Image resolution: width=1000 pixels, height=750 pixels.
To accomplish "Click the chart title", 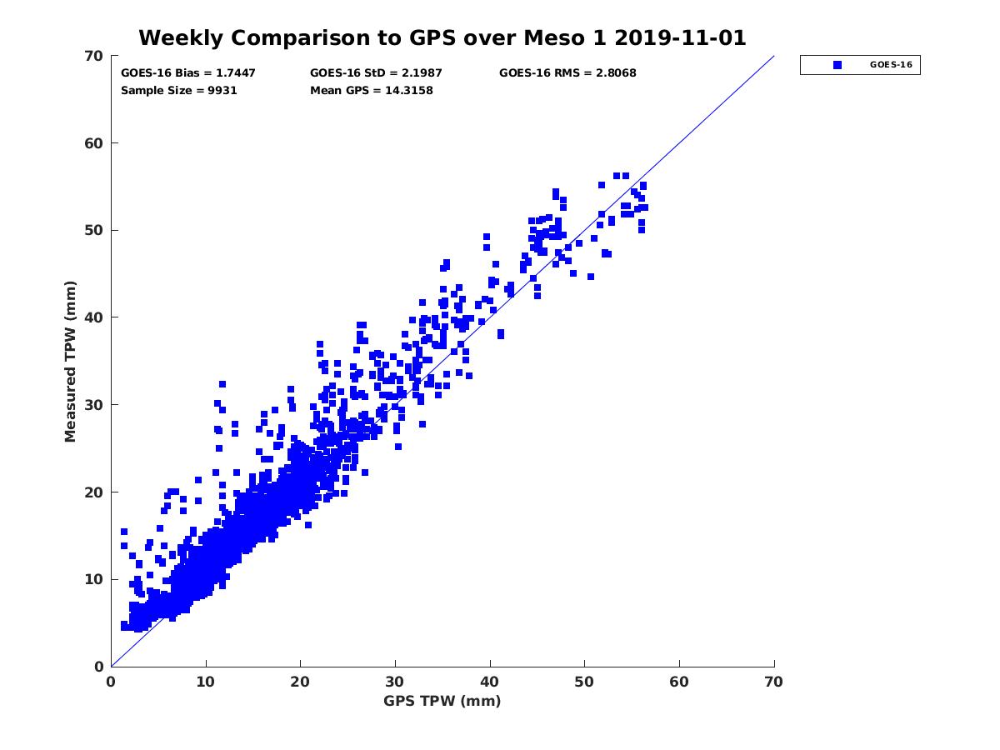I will point(442,37).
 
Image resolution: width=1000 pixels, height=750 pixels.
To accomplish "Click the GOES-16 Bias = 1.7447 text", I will point(188,72).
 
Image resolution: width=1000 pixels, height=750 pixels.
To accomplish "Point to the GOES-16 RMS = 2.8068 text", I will point(567,72).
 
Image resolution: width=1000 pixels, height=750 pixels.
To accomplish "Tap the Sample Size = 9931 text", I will point(179,90).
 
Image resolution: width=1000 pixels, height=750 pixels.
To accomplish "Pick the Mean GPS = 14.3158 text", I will point(371,90).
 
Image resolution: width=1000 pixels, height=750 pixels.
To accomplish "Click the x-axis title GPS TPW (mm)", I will point(442,701).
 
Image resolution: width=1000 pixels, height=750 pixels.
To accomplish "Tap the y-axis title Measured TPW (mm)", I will point(71,361).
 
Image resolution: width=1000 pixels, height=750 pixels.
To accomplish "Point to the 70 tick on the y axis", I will point(94,56).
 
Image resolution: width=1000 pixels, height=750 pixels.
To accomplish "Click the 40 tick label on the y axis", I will point(94,317).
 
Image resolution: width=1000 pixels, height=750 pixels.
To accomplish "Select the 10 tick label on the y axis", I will point(94,579).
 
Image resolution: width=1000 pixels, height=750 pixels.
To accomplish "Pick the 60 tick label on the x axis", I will point(679,682).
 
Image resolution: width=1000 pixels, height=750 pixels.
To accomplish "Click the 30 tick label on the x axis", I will point(395,682).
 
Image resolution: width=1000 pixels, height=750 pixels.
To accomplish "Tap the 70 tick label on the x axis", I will point(774,682).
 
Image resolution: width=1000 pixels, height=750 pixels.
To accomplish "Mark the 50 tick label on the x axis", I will point(585,682).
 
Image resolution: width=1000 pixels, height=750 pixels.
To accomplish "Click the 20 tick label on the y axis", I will point(94,492).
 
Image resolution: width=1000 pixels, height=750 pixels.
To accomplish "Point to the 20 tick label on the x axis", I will point(300,682).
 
